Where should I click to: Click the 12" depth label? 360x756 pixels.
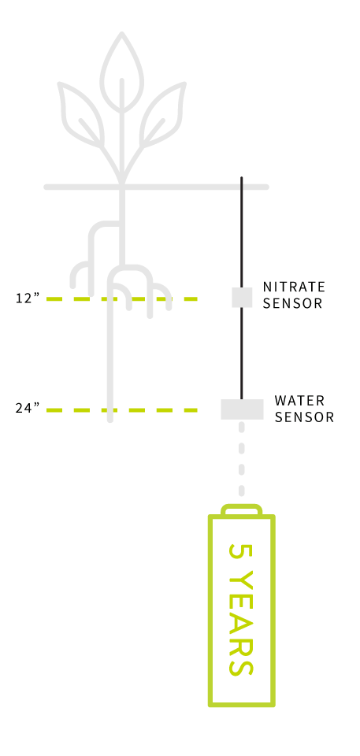pos(27,298)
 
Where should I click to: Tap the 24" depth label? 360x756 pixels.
pos(27,409)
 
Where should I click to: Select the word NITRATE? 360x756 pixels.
pos(294,287)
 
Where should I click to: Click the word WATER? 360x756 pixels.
pos(299,400)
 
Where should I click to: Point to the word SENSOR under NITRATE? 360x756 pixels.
pos(292,303)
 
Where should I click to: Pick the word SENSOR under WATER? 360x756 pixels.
pos(304,417)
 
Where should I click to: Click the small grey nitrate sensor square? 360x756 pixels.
pos(242,298)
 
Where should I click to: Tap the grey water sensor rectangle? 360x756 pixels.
pos(243,409)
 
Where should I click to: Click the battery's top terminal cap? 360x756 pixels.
pos(241,510)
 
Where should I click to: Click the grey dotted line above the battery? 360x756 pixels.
pos(241,458)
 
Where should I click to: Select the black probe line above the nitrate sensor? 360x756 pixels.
pos(241,232)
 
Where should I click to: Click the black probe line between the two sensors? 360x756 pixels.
pos(241,354)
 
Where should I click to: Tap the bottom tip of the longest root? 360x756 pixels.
pos(110,421)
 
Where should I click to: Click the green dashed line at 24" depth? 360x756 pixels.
pos(121,410)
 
